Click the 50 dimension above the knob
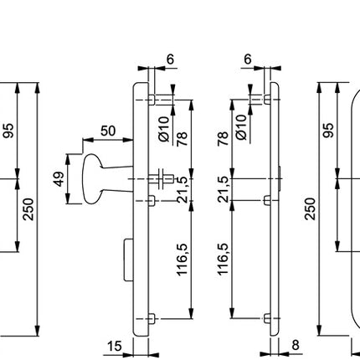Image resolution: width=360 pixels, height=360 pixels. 108,131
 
